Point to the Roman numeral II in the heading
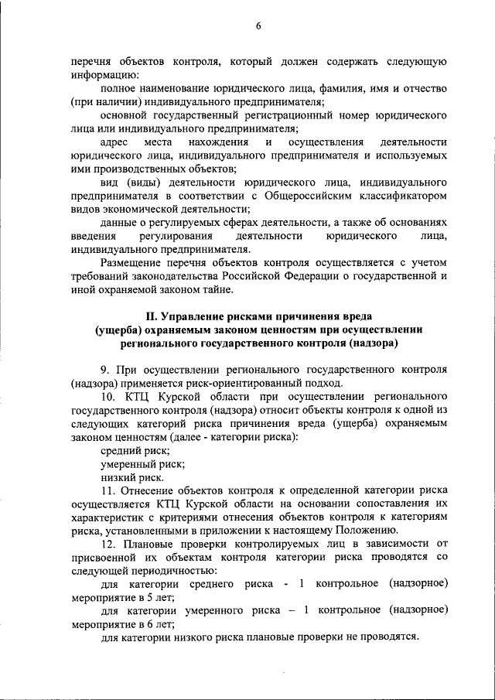(152, 317)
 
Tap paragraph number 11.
(108, 490)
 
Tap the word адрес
(115, 143)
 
